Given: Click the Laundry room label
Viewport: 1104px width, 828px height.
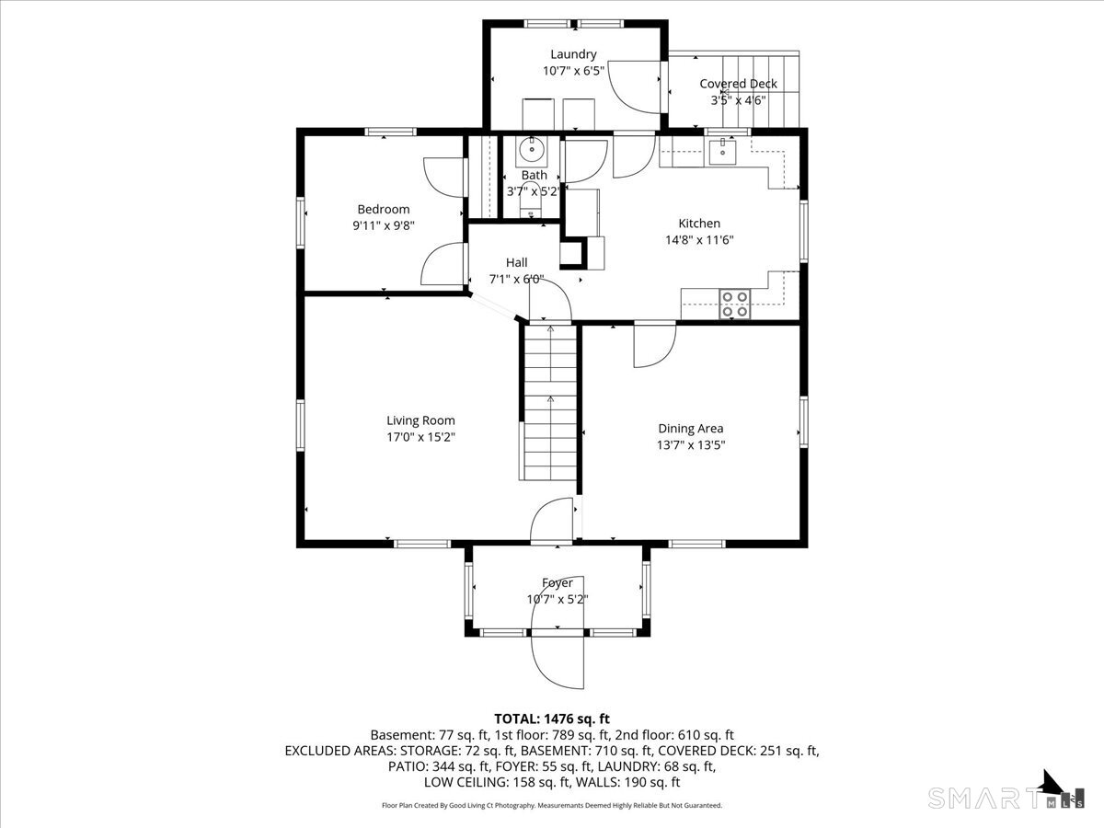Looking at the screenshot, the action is pos(573,54).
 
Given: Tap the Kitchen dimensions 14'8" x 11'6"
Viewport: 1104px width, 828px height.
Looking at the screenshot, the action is pos(699,240).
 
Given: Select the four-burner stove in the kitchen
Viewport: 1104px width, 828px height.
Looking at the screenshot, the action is pos(734,305).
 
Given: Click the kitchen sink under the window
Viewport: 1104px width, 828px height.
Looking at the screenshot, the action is pos(723,153).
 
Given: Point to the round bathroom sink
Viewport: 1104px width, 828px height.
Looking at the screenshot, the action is pos(531,150).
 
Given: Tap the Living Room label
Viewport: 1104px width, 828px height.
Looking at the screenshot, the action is pos(420,420).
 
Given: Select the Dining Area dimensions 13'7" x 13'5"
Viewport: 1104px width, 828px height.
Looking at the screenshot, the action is pos(691,445).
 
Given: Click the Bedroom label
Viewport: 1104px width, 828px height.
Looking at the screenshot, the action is pos(384,209).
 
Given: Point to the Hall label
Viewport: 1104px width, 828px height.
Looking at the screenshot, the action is pos(516,262).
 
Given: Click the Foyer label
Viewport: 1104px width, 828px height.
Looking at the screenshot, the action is pos(558,582).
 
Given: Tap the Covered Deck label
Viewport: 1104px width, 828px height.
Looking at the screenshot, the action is pos(738,84).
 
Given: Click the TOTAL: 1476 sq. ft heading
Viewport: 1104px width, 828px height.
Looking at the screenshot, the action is pos(552,719).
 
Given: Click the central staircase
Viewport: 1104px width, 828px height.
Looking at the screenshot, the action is pos(550,403).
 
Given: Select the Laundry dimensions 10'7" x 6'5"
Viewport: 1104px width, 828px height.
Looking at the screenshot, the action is pos(573,71).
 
